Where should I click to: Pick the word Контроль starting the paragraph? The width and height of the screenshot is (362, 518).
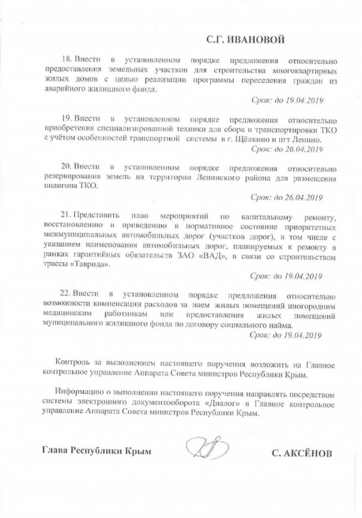(x=73, y=364)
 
